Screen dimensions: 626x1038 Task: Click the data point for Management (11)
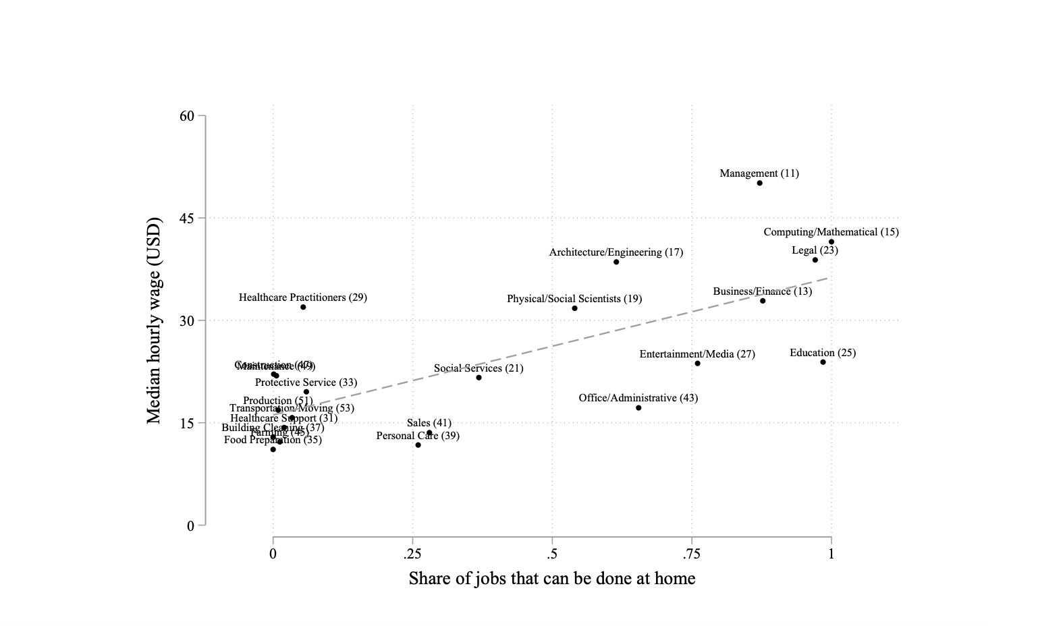(759, 183)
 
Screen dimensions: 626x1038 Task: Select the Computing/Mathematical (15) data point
(831, 241)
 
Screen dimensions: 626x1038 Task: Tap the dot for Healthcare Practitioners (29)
(303, 307)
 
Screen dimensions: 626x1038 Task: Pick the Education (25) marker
(823, 362)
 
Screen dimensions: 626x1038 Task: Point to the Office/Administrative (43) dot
(638, 407)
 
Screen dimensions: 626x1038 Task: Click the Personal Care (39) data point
(418, 445)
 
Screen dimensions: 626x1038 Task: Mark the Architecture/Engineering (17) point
(616, 262)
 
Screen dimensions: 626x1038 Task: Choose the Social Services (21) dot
(479, 377)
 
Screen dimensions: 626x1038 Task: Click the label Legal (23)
(815, 250)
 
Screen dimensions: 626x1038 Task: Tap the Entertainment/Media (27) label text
(697, 354)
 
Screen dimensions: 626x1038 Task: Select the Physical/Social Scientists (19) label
(574, 299)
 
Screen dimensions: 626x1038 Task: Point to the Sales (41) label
(429, 423)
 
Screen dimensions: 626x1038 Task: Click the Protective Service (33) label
(306, 382)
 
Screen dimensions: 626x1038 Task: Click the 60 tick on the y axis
(187, 116)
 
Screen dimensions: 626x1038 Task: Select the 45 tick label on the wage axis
(187, 219)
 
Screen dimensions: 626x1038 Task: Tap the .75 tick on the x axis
(692, 554)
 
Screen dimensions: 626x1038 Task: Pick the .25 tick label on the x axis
(412, 554)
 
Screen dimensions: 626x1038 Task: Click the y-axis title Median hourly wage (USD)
(155, 320)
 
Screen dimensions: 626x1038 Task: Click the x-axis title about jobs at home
(551, 579)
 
